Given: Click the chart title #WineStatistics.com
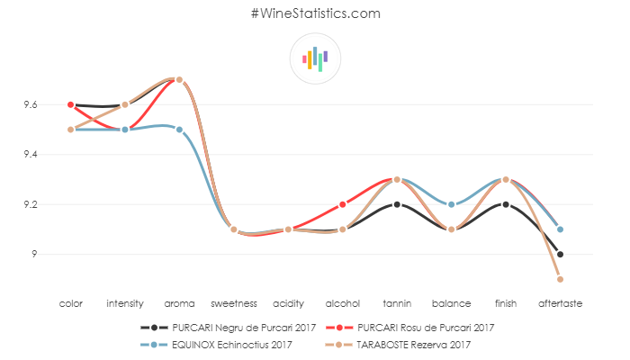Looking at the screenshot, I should click(x=315, y=13).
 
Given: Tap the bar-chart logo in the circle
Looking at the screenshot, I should click(x=315, y=58).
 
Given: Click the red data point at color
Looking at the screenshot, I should click(x=71, y=104).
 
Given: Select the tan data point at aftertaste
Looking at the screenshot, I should click(x=560, y=279).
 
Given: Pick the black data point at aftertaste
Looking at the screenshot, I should click(x=560, y=254).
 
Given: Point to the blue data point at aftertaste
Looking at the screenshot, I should click(x=560, y=229).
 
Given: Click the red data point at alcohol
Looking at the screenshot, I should click(x=343, y=204).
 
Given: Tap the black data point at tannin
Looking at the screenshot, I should click(x=397, y=204).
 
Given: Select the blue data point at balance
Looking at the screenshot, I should click(x=451, y=204).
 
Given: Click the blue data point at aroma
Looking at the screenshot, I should click(x=180, y=130).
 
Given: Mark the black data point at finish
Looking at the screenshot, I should click(x=506, y=204).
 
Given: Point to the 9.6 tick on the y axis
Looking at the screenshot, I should click(x=31, y=105).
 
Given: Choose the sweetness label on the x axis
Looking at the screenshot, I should click(x=234, y=304).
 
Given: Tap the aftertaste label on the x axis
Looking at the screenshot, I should click(x=560, y=304).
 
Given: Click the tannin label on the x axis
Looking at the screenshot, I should click(x=397, y=304).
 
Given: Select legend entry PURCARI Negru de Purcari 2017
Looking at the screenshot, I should click(x=229, y=327).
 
